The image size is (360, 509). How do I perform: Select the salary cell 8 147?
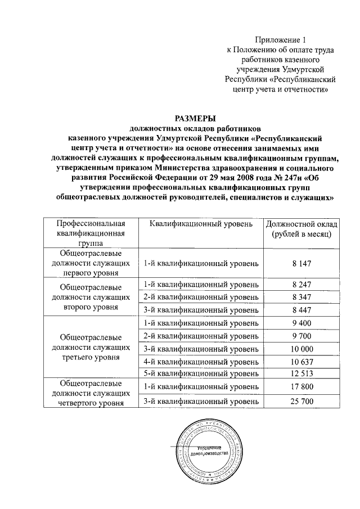(301, 263)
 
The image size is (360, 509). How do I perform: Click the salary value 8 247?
(301, 285)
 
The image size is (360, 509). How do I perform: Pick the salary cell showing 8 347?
(301, 297)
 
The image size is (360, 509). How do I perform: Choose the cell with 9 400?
(301, 323)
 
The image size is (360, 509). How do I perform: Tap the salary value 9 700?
(301, 336)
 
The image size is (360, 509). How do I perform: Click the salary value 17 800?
(301, 386)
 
